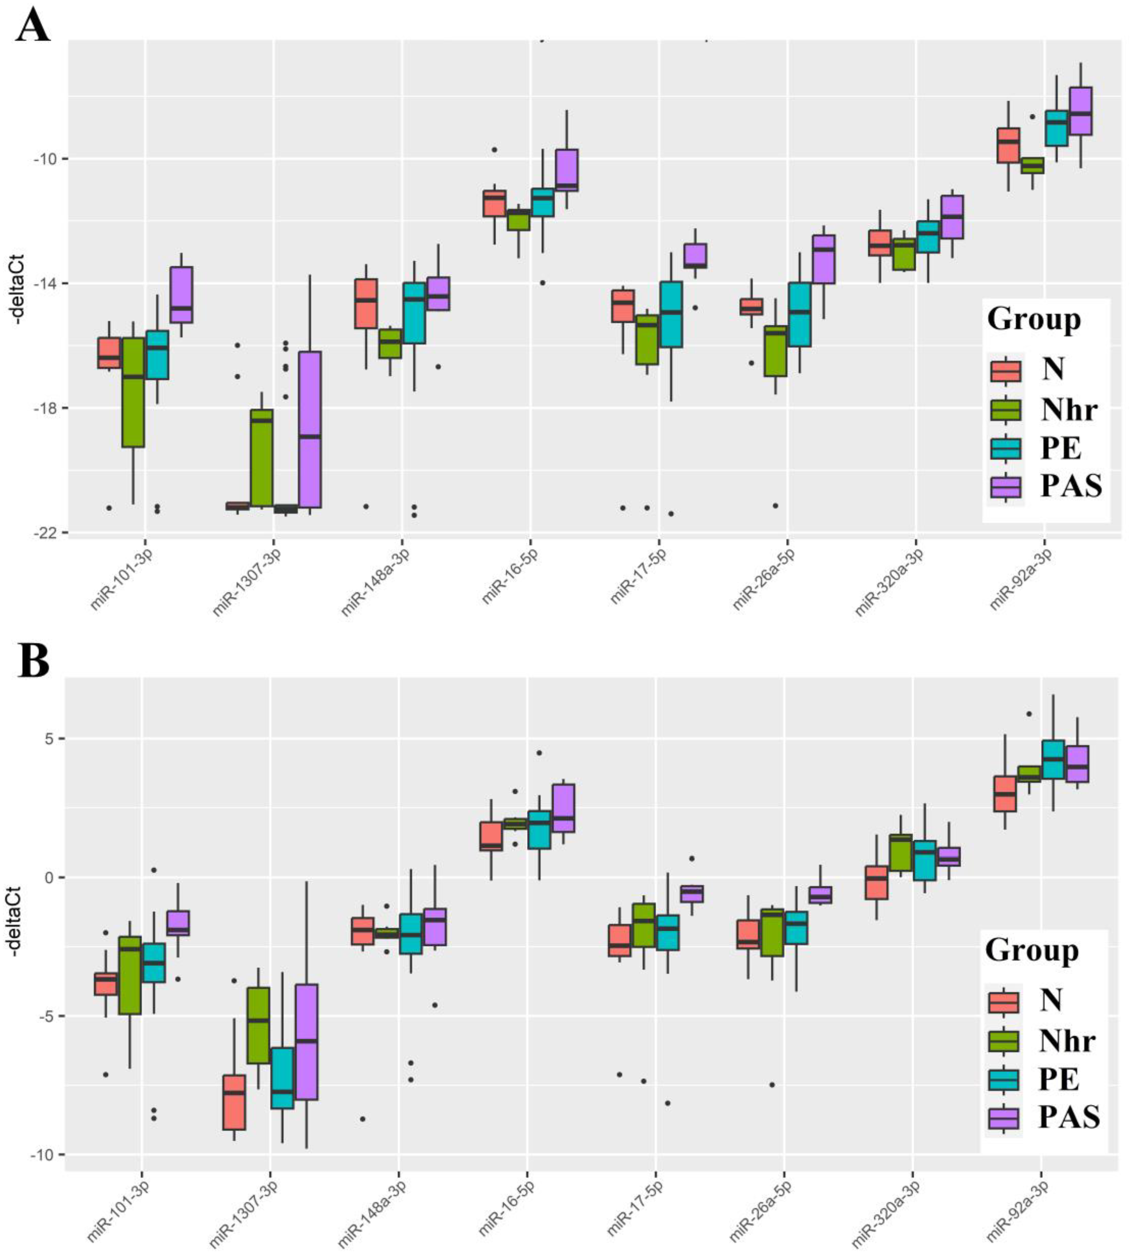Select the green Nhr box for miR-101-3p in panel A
tap(133, 392)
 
